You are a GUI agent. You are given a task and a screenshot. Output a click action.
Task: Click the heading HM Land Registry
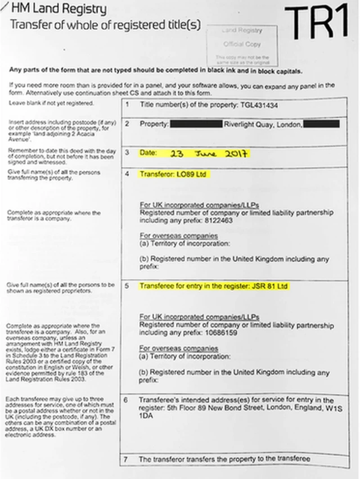[x=58, y=9]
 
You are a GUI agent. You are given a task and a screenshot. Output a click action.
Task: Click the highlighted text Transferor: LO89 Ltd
[x=174, y=175]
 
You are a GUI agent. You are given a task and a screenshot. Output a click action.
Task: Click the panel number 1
[x=127, y=105]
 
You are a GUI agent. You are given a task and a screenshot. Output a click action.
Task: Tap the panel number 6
[x=126, y=400]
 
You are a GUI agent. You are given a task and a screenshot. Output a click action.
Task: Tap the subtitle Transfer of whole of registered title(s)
[x=105, y=25]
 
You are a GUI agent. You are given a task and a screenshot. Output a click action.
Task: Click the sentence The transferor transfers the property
[x=224, y=459]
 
